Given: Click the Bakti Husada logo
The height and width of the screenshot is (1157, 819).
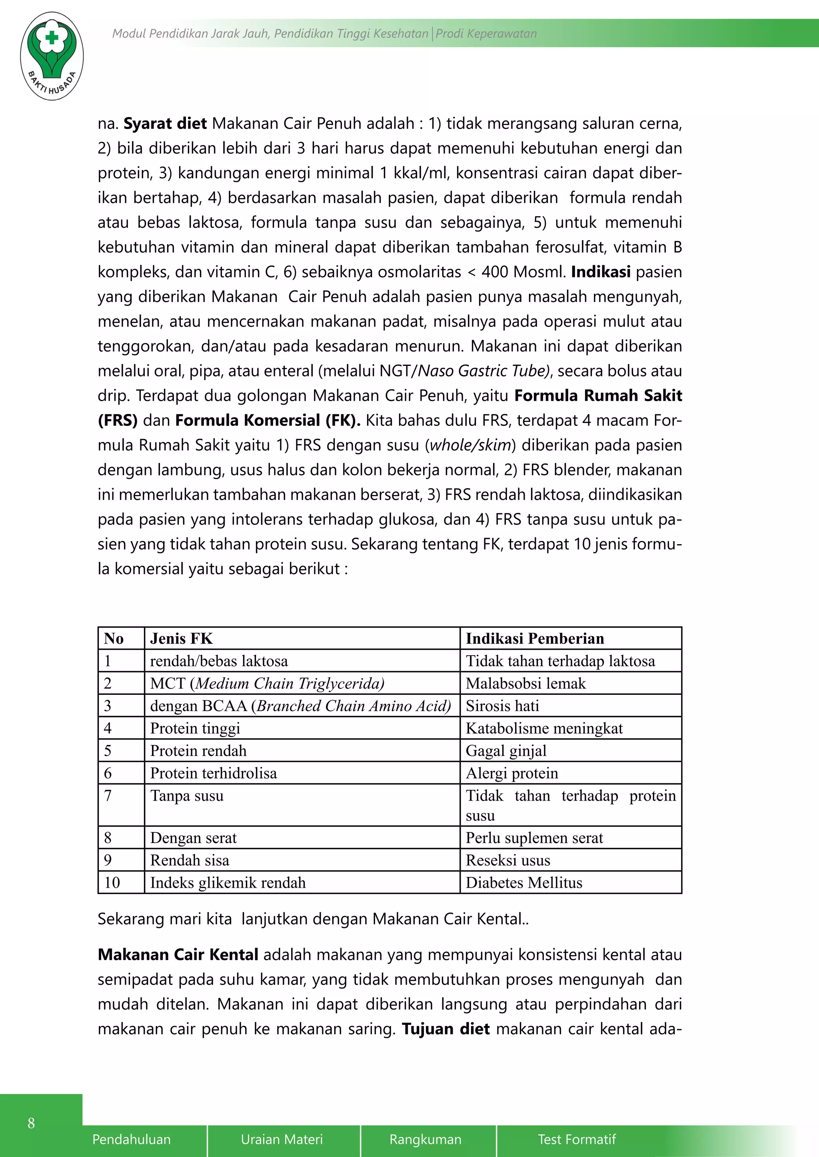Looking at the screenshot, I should [52, 56].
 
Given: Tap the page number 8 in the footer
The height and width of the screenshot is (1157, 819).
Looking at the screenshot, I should [31, 1123].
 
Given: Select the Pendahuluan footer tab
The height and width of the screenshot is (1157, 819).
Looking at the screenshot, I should [132, 1139].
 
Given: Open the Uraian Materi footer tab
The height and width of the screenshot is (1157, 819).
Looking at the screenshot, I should [282, 1139].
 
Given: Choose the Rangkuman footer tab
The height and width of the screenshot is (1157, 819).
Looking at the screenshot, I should [425, 1139].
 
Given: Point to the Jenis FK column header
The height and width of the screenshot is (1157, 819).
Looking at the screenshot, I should [182, 638].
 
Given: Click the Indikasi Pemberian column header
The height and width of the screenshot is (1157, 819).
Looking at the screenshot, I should [535, 638].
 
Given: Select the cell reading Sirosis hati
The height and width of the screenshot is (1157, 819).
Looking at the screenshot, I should [502, 706].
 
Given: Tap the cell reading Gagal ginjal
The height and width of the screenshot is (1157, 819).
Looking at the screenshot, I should [506, 750].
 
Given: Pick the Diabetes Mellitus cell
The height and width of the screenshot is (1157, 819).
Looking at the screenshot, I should [523, 883].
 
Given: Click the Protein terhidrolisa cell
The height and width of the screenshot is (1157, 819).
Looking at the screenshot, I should [213, 773].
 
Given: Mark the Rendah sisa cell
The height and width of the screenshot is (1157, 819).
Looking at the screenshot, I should [190, 860].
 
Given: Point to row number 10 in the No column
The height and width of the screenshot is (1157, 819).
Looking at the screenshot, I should [112, 883].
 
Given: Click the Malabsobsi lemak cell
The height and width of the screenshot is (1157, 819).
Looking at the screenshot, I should [525, 683].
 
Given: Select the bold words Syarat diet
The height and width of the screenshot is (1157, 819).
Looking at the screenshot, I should [166, 123].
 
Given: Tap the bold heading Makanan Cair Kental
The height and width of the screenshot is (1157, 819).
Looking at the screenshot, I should [178, 954].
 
